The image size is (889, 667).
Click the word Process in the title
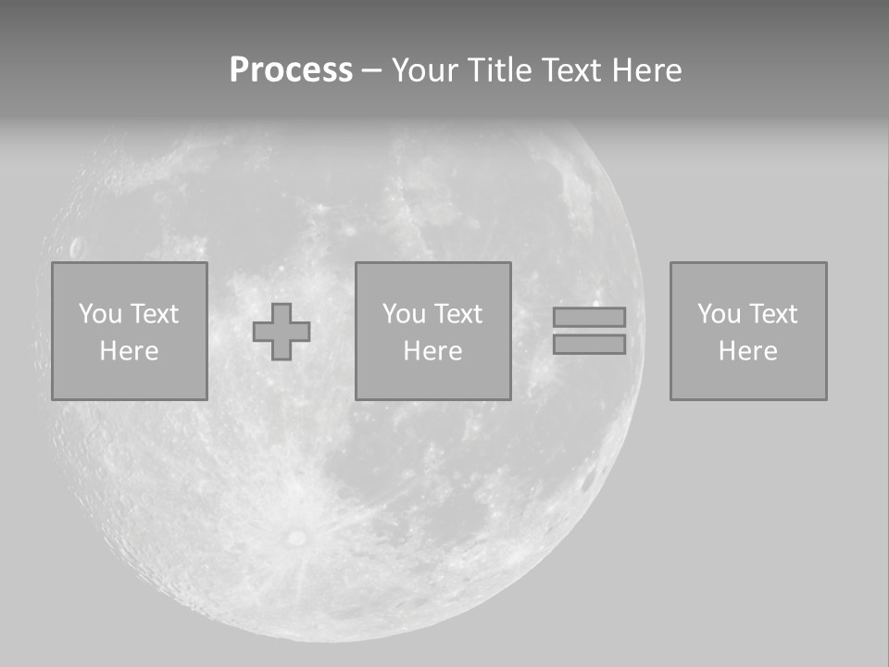(291, 70)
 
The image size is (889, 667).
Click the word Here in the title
(648, 70)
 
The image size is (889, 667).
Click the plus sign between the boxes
(282, 332)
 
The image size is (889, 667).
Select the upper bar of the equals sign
(589, 317)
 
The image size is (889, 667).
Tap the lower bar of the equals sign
(589, 344)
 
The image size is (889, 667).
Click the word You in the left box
(100, 314)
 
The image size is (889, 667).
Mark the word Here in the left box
(129, 351)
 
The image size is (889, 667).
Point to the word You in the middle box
(404, 314)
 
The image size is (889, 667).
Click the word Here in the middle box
(432, 351)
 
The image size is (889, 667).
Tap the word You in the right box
(719, 314)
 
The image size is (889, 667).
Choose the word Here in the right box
(747, 351)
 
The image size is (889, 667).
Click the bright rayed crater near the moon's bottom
(296, 536)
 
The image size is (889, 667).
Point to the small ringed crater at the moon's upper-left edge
(76, 247)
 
